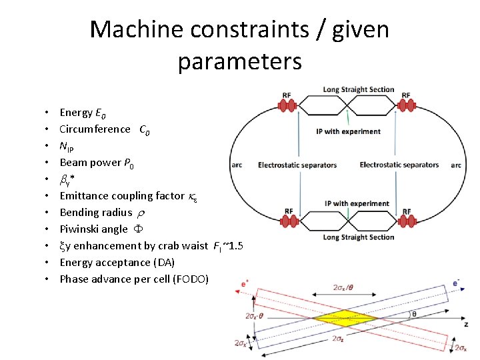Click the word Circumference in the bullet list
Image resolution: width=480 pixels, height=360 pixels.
tap(95, 129)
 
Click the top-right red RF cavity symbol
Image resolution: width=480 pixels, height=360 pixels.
tap(407, 105)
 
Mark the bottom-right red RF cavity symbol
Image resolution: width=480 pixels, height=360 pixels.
tap(407, 221)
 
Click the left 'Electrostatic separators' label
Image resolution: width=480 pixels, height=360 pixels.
tap(297, 165)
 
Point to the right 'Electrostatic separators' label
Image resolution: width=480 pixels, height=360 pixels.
tap(399, 165)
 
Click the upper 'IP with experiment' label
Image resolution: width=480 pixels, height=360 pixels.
tap(353, 131)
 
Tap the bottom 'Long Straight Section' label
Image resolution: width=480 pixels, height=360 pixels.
tap(359, 237)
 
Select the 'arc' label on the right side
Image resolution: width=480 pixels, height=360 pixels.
tap(456, 165)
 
